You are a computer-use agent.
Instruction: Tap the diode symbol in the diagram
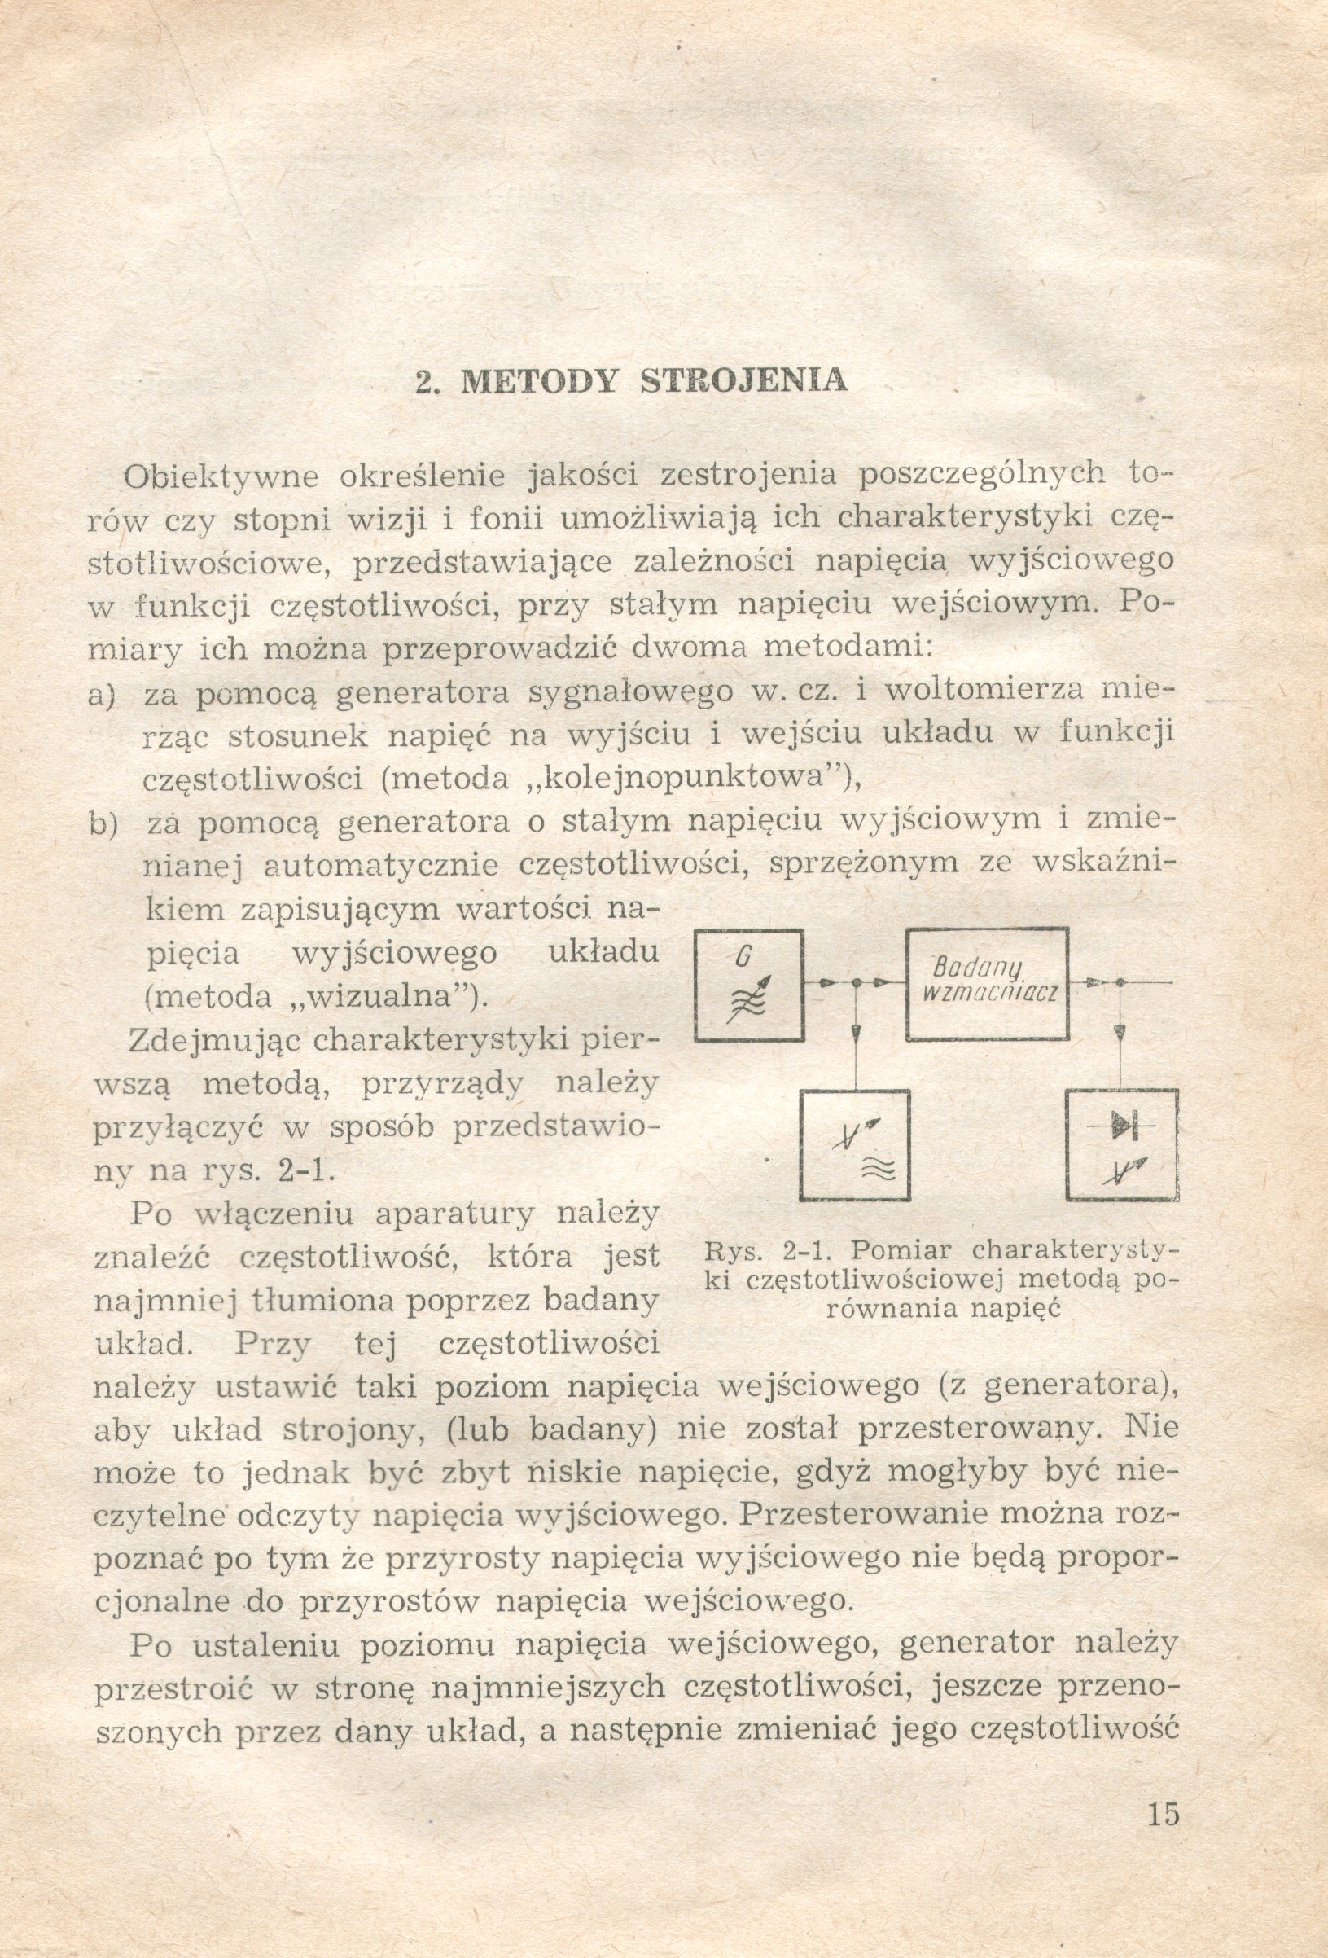click(1122, 1125)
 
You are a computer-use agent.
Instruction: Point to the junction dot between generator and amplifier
click(856, 982)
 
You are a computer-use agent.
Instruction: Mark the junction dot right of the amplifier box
click(1120, 982)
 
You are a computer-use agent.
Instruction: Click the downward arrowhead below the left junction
click(856, 1033)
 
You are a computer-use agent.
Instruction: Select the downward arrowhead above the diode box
click(1120, 1033)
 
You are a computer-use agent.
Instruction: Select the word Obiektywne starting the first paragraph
click(221, 476)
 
